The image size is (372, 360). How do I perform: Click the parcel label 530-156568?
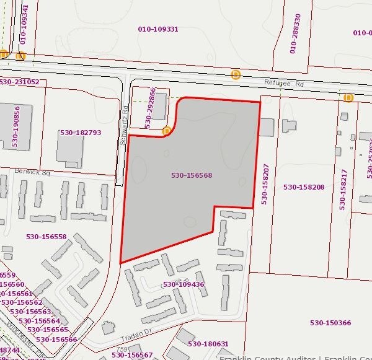pos(192,175)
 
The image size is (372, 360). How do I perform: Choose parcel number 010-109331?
pos(158,29)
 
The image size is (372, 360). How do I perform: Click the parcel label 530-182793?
pos(81,133)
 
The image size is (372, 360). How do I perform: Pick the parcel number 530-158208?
pos(304,187)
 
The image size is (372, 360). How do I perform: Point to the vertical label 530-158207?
pos(265,184)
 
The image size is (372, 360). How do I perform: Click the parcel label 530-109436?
pos(184,284)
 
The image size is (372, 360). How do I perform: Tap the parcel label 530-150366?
pos(330,322)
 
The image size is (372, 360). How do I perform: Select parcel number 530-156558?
pos(46,237)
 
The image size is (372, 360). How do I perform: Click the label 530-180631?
pos(208,344)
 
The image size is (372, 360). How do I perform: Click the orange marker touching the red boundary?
pos(166,131)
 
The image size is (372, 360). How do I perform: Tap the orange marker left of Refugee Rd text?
pos(236,75)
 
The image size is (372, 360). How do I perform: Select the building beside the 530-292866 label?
pos(160,106)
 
